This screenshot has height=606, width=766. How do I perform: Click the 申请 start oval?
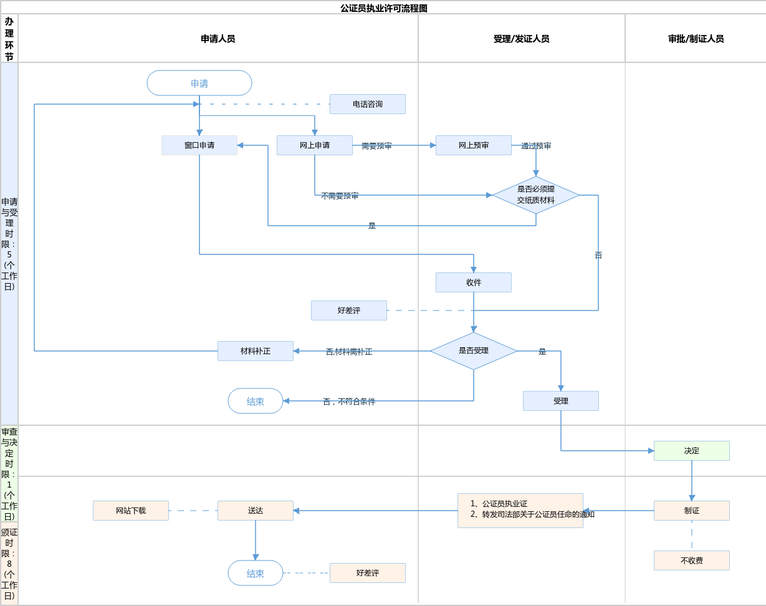(199, 83)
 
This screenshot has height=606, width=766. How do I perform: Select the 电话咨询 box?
(368, 104)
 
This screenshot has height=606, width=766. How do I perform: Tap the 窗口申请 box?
(199, 145)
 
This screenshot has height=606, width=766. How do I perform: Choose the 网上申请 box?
(315, 145)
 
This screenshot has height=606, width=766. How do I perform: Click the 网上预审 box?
(474, 145)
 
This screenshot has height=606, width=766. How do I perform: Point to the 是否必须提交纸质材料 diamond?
(536, 195)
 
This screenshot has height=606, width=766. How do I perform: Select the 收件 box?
(474, 282)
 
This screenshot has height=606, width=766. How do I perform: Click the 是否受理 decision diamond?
(474, 351)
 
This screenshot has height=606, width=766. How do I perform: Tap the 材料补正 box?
(256, 351)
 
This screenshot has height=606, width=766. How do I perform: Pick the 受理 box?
(561, 401)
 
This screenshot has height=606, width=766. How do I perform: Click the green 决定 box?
(692, 451)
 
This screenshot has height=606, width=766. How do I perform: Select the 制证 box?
(692, 511)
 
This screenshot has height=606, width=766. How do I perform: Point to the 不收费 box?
(692, 560)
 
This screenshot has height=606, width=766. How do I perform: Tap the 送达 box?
(256, 511)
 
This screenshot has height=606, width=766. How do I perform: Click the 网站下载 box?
(131, 511)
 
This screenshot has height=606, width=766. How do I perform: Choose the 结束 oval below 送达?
(256, 573)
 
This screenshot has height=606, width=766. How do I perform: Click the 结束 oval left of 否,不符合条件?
(256, 401)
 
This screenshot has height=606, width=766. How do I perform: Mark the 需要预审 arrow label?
(376, 146)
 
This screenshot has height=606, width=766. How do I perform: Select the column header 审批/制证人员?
(696, 39)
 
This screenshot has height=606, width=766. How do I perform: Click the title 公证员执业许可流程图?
(383, 8)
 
